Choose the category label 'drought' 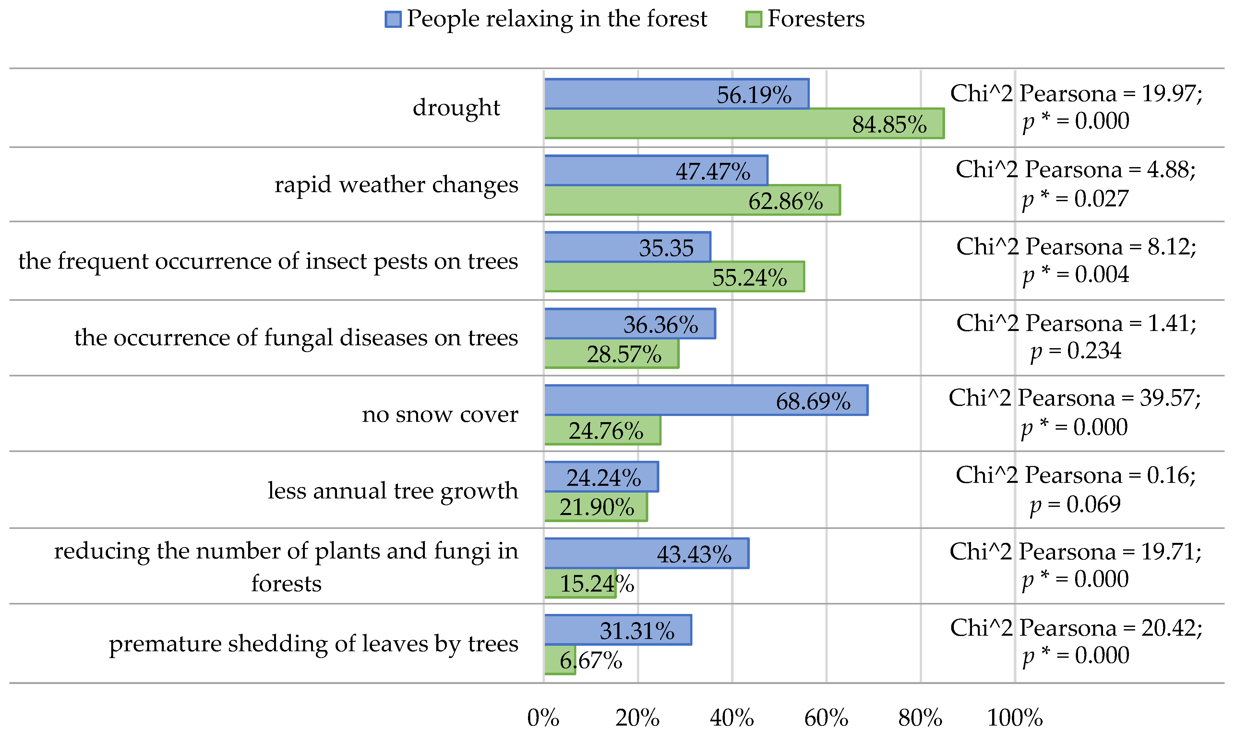(x=456, y=107)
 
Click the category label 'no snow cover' (x=440, y=414)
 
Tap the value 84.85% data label (x=889, y=124)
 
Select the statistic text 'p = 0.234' (x=1076, y=351)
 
